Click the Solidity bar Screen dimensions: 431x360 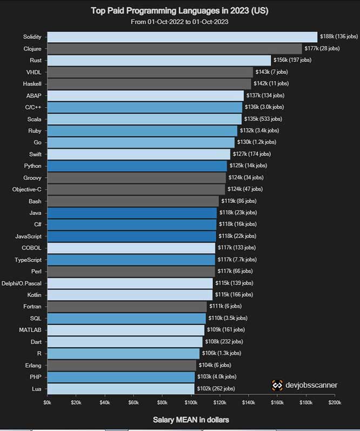tap(182, 37)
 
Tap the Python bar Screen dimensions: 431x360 tap(137, 165)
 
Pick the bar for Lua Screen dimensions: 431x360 tap(121, 388)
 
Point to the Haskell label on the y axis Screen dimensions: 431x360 tap(32, 84)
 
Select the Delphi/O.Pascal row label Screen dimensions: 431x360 tap(23, 283)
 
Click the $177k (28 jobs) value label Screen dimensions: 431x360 tap(322, 49)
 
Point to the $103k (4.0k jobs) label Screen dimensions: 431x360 tap(216, 376)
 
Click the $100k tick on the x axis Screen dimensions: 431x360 tap(191, 402)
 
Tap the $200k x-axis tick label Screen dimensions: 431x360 tap(334, 402)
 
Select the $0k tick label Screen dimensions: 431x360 tap(48, 402)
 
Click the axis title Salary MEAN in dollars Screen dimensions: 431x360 tap(191, 420)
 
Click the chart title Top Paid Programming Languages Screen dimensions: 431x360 tap(179, 10)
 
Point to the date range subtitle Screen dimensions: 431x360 tap(179, 22)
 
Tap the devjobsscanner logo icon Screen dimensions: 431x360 tap(277, 385)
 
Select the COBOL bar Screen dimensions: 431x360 tap(131, 248)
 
